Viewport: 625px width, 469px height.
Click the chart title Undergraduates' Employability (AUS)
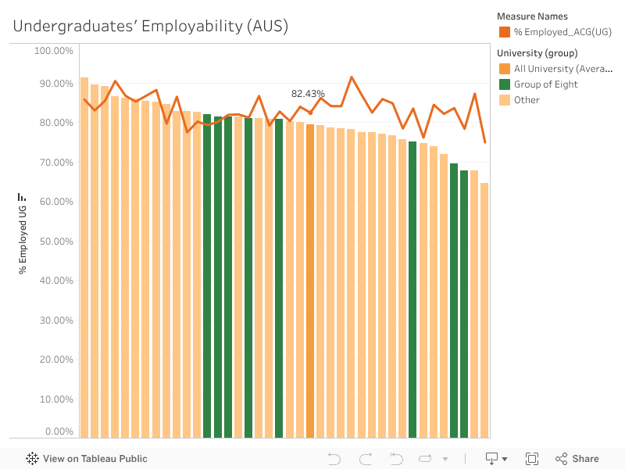tap(151, 26)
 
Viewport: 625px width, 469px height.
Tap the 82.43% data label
tap(308, 94)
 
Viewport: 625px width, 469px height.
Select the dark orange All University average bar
tap(310, 281)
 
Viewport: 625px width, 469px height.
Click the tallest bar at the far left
tap(84, 257)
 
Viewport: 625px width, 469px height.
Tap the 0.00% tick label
tap(57, 431)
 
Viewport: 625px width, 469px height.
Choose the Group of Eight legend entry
tap(545, 84)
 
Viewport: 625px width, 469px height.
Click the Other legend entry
tap(527, 100)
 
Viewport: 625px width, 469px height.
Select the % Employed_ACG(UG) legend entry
tap(562, 32)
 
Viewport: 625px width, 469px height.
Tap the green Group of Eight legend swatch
tap(505, 84)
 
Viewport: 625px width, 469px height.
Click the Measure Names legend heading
tap(532, 16)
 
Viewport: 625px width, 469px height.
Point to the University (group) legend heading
tap(537, 53)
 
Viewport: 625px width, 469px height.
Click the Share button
tap(577, 459)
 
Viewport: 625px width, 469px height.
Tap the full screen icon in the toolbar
tap(532, 459)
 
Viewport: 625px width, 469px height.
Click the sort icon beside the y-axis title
tap(23, 197)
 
